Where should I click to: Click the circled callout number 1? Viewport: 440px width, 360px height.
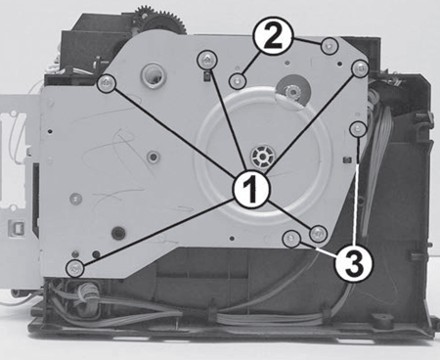click(x=251, y=190)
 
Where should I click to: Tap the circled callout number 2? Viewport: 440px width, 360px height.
click(x=274, y=37)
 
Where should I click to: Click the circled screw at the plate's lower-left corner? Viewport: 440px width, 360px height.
click(x=75, y=269)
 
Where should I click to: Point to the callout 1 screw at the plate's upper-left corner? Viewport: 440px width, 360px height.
click(x=107, y=83)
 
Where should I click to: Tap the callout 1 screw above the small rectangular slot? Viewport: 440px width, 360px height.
click(x=207, y=60)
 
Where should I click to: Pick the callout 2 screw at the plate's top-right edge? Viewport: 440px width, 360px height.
click(x=330, y=46)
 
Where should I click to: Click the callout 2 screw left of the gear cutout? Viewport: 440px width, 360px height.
click(x=238, y=80)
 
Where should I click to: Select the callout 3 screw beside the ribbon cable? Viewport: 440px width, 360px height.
click(x=358, y=129)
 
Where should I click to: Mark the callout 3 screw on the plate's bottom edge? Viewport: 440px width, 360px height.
click(x=291, y=239)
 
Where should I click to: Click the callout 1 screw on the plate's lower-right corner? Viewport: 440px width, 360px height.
click(x=318, y=234)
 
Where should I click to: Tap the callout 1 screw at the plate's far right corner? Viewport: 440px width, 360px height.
click(x=360, y=68)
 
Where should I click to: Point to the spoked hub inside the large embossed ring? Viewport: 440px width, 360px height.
click(x=262, y=157)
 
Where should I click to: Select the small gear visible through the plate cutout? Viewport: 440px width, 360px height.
click(x=292, y=92)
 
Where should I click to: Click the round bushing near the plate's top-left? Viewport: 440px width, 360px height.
click(x=154, y=75)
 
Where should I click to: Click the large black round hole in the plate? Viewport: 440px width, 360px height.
click(x=118, y=233)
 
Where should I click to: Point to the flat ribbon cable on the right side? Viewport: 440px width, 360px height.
click(x=374, y=169)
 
